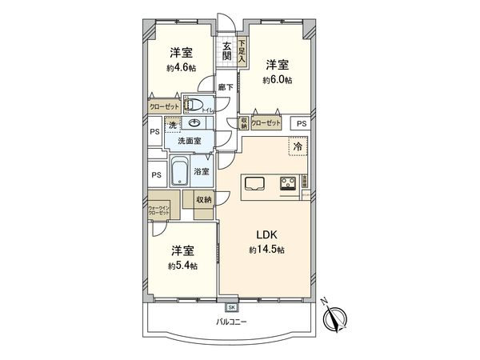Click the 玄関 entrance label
pos(227,51)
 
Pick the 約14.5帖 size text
pos(266,251)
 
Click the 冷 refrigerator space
pos(297,148)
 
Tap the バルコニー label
pos(231,322)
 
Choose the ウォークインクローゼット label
pos(158,211)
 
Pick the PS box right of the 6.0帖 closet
pos(300,124)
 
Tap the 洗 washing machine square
pos(171,126)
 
